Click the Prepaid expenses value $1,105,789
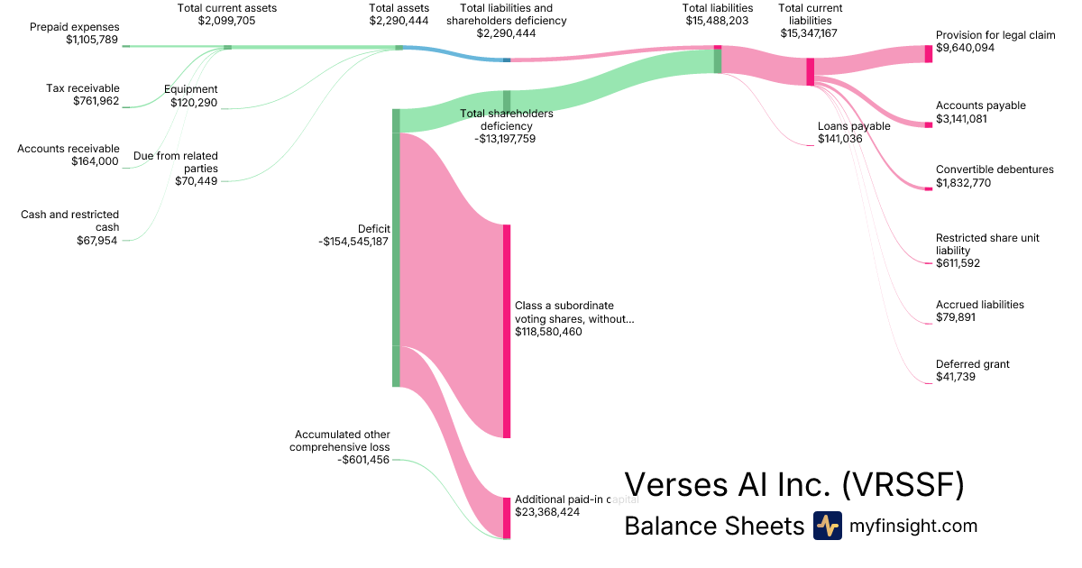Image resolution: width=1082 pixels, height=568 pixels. [92, 40]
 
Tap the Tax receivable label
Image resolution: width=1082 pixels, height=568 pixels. [83, 88]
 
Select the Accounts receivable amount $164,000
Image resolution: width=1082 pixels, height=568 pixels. [95, 161]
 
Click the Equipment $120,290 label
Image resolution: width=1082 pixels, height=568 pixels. [191, 96]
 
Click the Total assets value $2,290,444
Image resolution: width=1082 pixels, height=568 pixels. [399, 21]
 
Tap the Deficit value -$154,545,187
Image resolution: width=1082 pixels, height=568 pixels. [353, 242]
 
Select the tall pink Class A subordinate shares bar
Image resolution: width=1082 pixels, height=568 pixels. [507, 332]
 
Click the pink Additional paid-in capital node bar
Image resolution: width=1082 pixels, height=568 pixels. [507, 518]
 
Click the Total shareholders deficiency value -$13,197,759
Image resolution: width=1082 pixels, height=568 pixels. [505, 139]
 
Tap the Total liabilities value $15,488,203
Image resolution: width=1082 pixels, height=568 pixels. [718, 21]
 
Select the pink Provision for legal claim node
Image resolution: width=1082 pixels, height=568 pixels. [929, 53]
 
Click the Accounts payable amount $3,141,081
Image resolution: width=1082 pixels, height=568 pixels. [961, 119]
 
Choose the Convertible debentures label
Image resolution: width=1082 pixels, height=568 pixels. [995, 169]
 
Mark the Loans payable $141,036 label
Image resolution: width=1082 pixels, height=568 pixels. [854, 133]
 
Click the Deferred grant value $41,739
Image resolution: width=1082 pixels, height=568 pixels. [956, 377]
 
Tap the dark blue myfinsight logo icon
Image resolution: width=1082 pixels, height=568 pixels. [828, 526]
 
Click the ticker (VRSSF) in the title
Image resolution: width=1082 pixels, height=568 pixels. [903, 484]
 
